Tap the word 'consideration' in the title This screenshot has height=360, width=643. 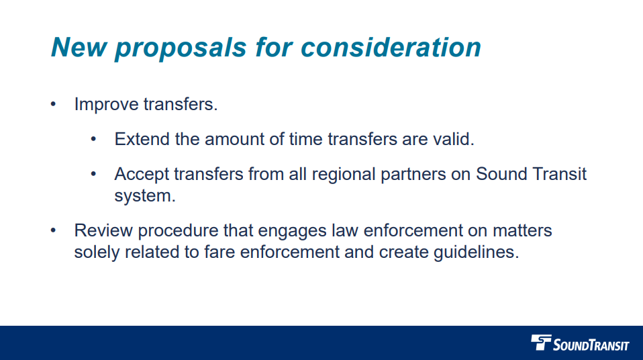391,47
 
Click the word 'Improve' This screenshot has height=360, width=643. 106,105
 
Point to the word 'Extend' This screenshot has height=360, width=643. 138,139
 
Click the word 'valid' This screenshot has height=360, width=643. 456,139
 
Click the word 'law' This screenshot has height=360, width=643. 344,231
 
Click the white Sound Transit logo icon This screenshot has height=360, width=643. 541,343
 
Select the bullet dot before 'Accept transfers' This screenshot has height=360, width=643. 95,174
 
